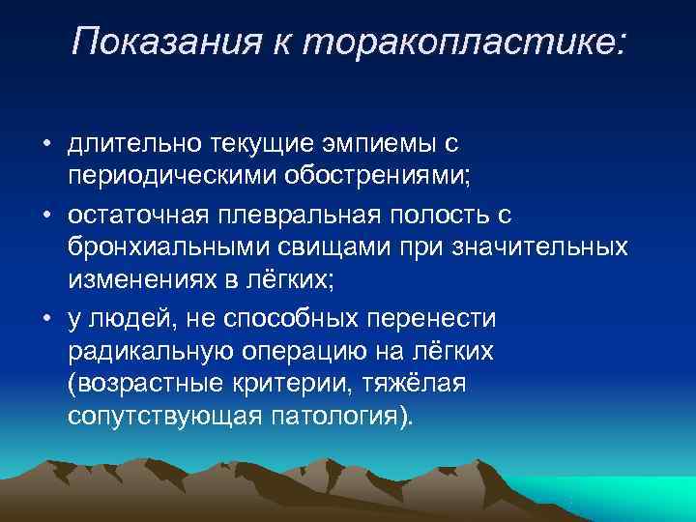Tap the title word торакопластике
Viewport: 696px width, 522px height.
tap(467, 41)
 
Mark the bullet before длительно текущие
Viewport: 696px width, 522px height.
tap(45, 145)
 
